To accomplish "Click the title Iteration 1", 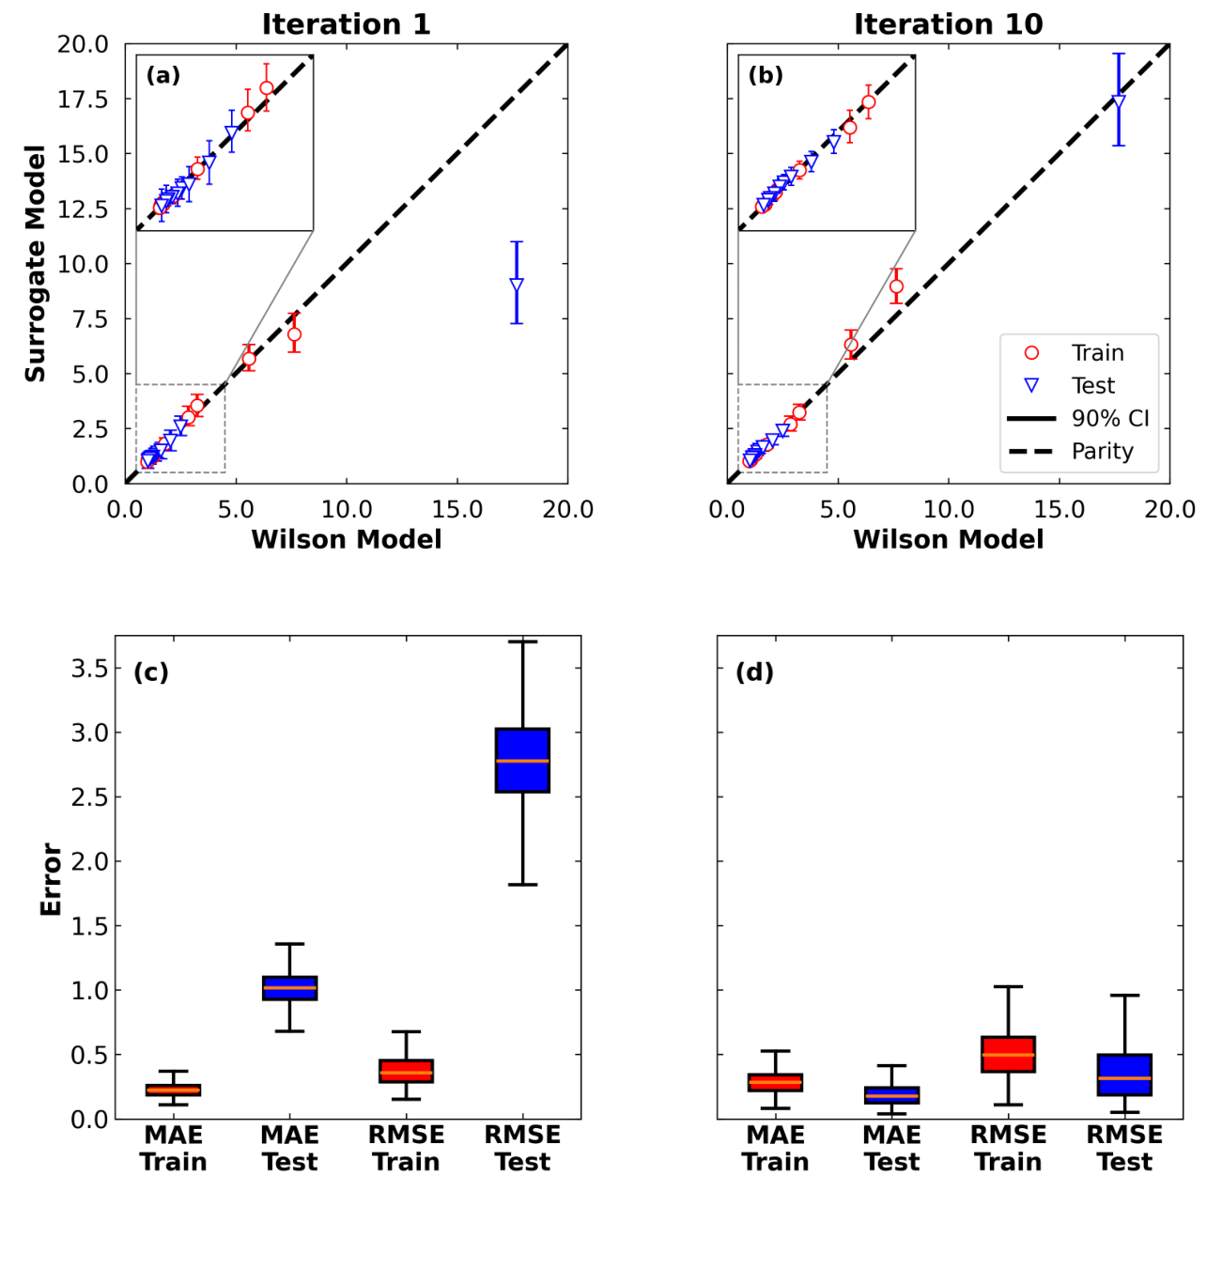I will (x=346, y=24).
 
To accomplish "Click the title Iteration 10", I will (x=948, y=24).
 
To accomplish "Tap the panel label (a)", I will (x=162, y=76).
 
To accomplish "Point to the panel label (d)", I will (x=754, y=673).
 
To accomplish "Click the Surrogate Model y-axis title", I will (x=36, y=263).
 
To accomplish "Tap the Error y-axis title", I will (x=51, y=878).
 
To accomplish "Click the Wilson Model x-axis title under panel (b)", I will (x=948, y=540).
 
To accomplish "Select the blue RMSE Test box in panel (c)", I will (x=522, y=760).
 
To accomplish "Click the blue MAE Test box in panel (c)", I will (x=289, y=988).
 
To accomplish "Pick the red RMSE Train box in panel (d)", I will (x=1008, y=1054).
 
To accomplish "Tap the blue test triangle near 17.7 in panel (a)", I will (x=517, y=286).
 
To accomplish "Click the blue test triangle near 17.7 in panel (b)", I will (x=1119, y=102).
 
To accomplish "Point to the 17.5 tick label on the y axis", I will (x=83, y=100).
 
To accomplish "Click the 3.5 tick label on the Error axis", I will (x=89, y=668).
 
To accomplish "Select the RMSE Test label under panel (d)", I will (x=1124, y=1149).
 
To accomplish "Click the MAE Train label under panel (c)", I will (x=173, y=1149).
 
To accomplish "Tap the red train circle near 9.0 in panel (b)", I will (x=896, y=286).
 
